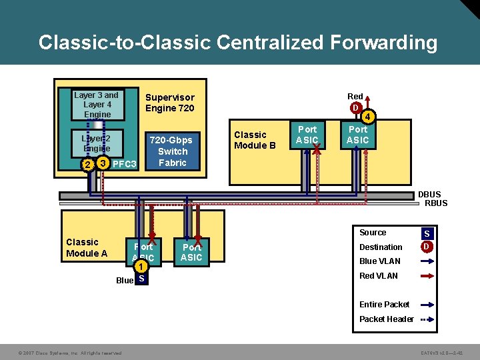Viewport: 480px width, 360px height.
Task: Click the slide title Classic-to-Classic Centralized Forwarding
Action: click(238, 43)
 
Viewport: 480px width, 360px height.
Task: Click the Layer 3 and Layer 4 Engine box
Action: click(97, 105)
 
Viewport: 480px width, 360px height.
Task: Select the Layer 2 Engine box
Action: click(97, 143)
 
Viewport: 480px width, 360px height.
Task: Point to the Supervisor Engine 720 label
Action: click(170, 103)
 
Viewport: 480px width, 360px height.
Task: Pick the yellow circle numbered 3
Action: click(102, 163)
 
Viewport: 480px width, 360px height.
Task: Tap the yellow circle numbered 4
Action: click(369, 117)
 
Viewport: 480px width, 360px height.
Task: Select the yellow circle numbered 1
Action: click(142, 267)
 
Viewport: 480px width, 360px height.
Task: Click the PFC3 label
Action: click(125, 165)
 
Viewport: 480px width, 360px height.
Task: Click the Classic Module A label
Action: click(87, 248)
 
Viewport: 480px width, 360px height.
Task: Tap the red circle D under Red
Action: click(357, 108)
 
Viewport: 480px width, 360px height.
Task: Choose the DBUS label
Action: click(429, 195)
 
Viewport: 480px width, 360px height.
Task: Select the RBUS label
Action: click(436, 203)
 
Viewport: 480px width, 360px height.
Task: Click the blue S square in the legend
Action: click(427, 234)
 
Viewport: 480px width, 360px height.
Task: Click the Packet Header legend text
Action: click(386, 319)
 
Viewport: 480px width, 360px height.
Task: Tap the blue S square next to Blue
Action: click(141, 280)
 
